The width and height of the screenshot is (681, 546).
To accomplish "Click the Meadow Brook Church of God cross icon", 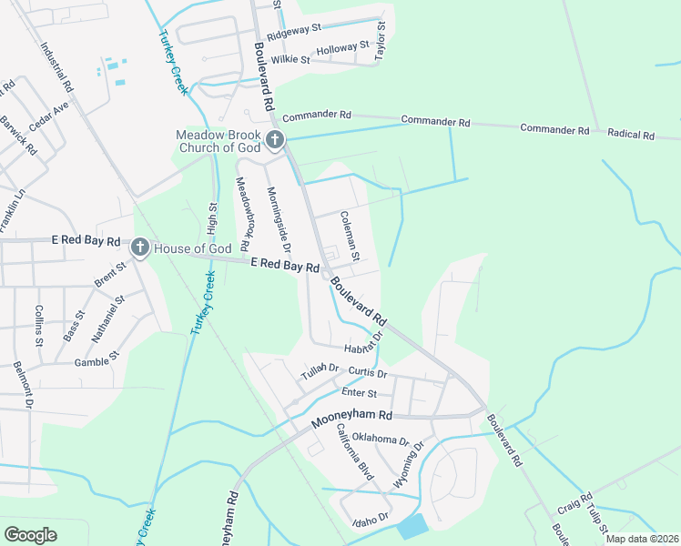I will click(x=275, y=140).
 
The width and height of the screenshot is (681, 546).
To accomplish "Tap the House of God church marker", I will click(x=139, y=247).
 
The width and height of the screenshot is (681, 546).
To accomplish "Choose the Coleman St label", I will click(x=351, y=234).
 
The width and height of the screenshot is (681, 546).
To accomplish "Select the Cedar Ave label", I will click(x=49, y=116).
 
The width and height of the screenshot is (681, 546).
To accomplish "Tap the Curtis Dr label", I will click(x=368, y=374).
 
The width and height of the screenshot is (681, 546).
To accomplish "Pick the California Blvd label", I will click(x=355, y=450).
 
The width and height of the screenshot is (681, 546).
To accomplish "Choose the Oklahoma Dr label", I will click(x=380, y=440).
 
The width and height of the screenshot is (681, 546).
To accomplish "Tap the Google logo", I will click(x=30, y=535).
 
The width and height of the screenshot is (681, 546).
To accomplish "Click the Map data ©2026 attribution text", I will click(x=643, y=539).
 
